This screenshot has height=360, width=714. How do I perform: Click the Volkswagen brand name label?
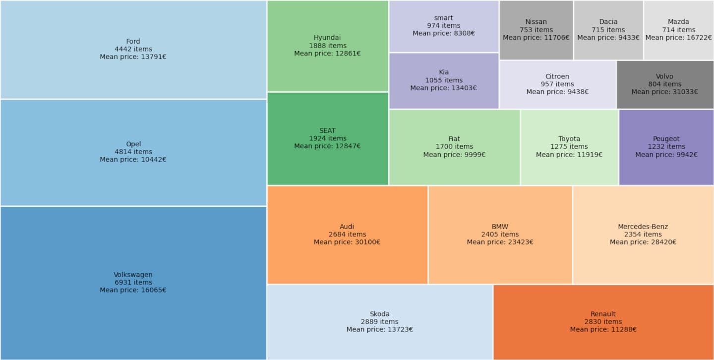(133, 275)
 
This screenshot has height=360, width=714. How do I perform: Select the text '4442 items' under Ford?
(133, 49)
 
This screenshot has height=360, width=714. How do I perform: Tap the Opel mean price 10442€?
(133, 160)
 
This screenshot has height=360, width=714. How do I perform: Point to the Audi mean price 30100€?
(347, 242)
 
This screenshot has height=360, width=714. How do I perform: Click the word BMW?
(500, 227)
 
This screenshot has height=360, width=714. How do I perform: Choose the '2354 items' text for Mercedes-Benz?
(643, 235)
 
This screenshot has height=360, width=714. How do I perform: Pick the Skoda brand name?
(379, 314)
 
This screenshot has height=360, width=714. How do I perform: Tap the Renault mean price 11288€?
(603, 330)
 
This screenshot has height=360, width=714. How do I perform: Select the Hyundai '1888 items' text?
(327, 46)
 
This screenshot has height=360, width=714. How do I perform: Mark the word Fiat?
(454, 139)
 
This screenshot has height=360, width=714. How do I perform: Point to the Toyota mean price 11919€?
(569, 155)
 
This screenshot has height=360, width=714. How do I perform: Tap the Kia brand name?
(443, 72)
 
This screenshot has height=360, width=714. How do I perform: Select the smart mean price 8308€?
(443, 33)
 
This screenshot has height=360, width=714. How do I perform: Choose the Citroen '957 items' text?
(557, 84)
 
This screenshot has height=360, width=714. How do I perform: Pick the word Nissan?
(536, 22)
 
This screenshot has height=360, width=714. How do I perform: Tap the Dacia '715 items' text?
(608, 30)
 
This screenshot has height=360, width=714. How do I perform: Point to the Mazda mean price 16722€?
(678, 38)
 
